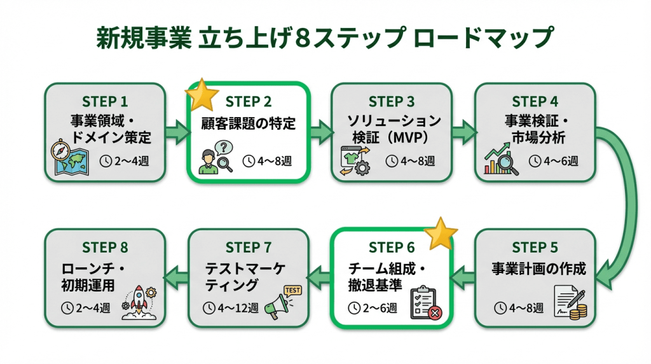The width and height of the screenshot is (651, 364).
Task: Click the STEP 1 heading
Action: coord(105,102)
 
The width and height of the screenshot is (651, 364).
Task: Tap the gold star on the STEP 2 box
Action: coord(202,96)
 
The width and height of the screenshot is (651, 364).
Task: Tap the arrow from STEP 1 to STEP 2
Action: coord(177,132)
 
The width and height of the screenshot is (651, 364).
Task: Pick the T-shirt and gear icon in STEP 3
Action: coord(352,159)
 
